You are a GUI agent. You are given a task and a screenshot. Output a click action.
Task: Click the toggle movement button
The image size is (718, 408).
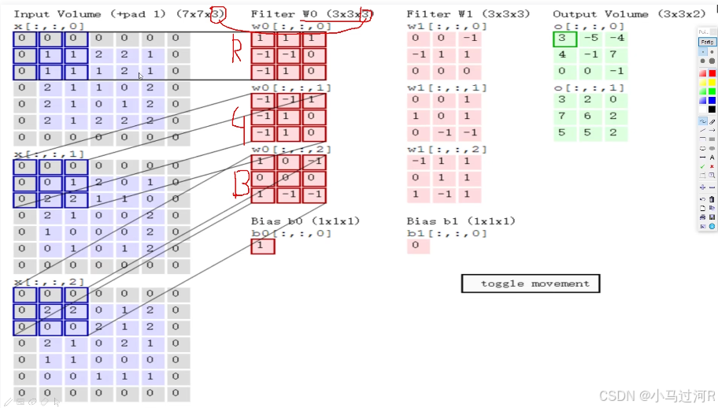coord(530,284)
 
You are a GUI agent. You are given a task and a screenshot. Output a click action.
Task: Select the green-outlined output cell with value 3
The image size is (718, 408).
coord(564,39)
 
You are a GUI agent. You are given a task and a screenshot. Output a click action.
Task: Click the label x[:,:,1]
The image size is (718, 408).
coord(49,154)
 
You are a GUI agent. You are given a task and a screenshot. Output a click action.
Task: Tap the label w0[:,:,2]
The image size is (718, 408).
coord(291,149)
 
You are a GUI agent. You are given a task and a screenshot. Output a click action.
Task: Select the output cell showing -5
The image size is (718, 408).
coord(589,39)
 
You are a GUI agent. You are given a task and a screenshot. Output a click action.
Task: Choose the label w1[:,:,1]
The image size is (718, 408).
coord(447,87)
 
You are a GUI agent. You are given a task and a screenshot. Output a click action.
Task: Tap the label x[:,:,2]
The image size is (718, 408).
coord(49,282)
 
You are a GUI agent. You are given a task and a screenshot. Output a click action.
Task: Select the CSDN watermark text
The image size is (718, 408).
coord(655,395)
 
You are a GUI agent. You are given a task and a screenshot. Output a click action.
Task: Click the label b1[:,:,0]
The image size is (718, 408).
coord(447,233)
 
